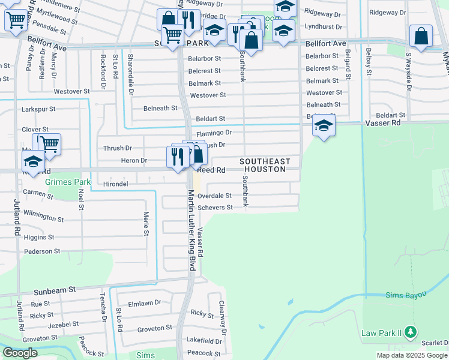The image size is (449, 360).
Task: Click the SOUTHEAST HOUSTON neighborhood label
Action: point(265,166)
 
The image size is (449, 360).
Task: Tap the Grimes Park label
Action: point(68,182)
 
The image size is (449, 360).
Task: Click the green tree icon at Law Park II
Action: point(410,331)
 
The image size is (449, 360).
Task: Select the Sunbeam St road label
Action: point(55,289)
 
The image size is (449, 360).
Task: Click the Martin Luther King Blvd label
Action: point(192,230)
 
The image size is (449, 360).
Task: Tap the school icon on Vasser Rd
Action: point(324,126)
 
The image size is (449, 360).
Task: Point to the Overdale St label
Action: point(214,196)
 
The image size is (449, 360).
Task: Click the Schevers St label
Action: point(215,208)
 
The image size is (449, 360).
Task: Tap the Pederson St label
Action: point(42,251)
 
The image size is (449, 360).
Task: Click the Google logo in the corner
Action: point(20,353)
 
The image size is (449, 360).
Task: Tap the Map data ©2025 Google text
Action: point(412,356)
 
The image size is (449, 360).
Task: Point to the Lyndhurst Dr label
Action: point(323,27)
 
